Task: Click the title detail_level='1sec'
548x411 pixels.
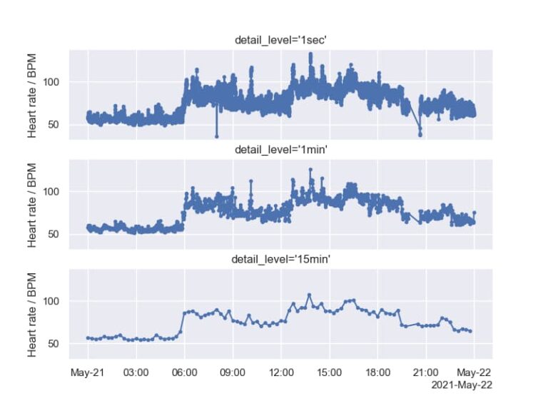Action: pyautogui.click(x=280, y=40)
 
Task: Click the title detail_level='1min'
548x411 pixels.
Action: pyautogui.click(x=280, y=150)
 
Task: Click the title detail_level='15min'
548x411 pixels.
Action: pyautogui.click(x=280, y=260)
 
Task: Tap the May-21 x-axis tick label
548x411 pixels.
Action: pyautogui.click(x=87, y=372)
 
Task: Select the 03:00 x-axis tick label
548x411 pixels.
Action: pyautogui.click(x=136, y=372)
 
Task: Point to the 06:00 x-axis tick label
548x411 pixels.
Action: pyautogui.click(x=184, y=372)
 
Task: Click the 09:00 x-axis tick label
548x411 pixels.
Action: pyautogui.click(x=233, y=372)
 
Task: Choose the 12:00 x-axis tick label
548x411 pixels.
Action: pyautogui.click(x=280, y=372)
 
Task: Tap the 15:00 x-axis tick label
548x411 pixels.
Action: pyautogui.click(x=329, y=372)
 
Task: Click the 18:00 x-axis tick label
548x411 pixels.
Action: pyautogui.click(x=377, y=372)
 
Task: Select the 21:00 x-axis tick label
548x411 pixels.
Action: pyautogui.click(x=426, y=372)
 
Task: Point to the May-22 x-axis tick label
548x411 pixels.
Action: pyautogui.click(x=474, y=372)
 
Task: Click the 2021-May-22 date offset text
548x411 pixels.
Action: pyautogui.click(x=462, y=385)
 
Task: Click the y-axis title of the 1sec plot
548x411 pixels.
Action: pyautogui.click(x=33, y=94)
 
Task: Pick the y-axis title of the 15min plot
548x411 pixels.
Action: pyautogui.click(x=33, y=314)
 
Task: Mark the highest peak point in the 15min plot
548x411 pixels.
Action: pyautogui.click(x=309, y=295)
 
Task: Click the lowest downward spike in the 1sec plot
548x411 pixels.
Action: pyautogui.click(x=216, y=136)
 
